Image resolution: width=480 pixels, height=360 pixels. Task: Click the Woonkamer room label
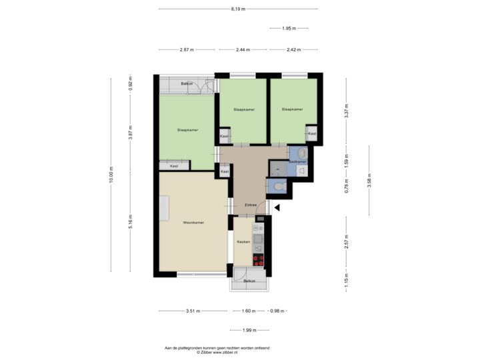[193, 222]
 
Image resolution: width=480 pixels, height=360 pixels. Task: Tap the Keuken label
[243, 242]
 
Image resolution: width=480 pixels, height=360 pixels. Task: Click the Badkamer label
[298, 162]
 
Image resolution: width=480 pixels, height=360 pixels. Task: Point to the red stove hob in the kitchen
[258, 259]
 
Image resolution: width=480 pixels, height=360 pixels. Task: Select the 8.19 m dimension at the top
[238, 9]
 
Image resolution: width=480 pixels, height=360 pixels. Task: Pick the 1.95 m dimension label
[288, 28]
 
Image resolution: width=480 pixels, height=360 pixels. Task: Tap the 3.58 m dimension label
[370, 181]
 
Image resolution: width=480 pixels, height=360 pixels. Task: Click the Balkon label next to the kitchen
[249, 281]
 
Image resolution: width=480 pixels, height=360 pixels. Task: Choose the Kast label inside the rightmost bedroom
[311, 133]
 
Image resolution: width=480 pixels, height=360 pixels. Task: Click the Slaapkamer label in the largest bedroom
[187, 129]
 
